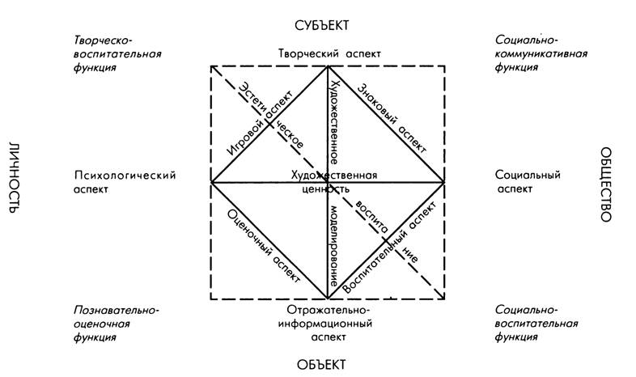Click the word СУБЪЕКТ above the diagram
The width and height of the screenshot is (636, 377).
tap(322, 25)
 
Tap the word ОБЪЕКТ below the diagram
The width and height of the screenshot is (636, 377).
tap(322, 364)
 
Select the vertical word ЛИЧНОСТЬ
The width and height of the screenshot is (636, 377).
tap(14, 178)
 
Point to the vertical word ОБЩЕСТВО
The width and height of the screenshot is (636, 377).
tap(605, 184)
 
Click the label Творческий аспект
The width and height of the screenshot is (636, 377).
tap(329, 53)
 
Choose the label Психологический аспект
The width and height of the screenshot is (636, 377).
tap(125, 182)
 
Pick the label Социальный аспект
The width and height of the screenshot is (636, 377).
tap(528, 182)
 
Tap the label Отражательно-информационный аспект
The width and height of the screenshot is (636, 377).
tap(329, 324)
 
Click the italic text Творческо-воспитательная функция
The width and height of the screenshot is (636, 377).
tap(117, 54)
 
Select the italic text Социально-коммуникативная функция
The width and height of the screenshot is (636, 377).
tap(541, 53)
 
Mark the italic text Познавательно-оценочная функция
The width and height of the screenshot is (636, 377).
tap(116, 324)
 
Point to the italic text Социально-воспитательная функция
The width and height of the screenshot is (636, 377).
tap(536, 324)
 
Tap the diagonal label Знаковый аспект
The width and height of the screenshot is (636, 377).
tap(392, 118)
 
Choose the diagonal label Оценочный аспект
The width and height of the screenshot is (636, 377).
tap(263, 247)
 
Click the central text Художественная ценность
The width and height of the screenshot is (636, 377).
tap(334, 182)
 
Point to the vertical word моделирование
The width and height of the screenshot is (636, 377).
tap(333, 246)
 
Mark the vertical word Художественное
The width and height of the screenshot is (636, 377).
tap(334, 121)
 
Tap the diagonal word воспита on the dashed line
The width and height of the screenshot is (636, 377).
tap(371, 216)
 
